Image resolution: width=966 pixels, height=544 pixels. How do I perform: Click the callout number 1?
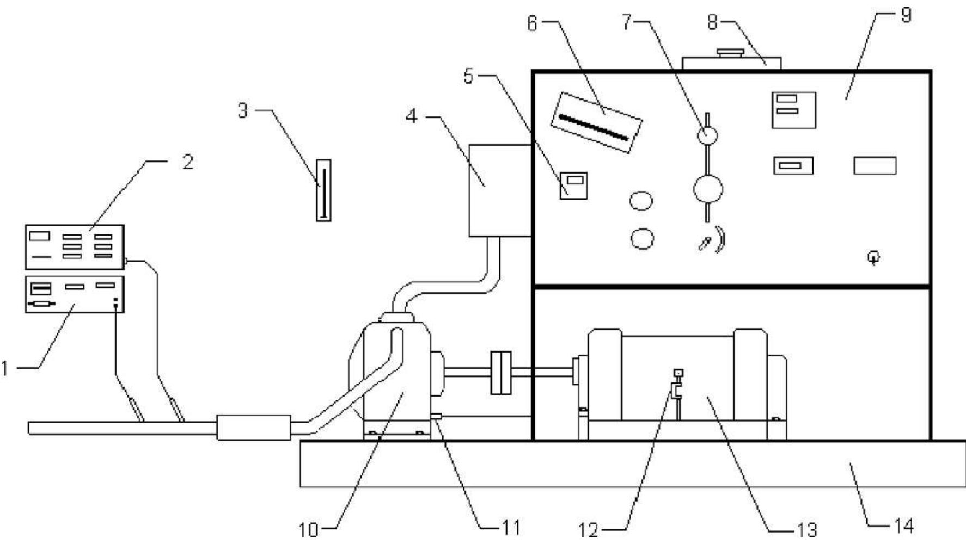(x=5, y=369)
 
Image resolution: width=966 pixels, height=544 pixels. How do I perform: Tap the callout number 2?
(x=187, y=162)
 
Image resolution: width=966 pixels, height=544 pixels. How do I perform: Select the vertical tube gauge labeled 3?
(x=323, y=190)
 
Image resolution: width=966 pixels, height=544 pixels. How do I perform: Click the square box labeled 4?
(x=500, y=190)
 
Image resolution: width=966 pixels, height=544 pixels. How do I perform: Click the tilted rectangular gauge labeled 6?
(x=596, y=123)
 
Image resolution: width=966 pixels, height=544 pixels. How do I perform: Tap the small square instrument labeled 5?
(x=574, y=185)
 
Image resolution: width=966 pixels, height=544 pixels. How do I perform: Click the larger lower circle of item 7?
(x=708, y=190)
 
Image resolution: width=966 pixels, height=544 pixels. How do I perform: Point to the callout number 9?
(x=905, y=15)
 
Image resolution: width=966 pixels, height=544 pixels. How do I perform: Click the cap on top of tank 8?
(x=730, y=53)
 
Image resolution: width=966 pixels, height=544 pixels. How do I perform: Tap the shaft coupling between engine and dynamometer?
(x=501, y=373)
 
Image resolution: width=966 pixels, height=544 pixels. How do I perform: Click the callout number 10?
(x=309, y=529)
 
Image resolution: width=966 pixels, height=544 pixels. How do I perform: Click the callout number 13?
(x=805, y=529)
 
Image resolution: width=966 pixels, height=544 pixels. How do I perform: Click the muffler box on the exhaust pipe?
(x=253, y=427)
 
